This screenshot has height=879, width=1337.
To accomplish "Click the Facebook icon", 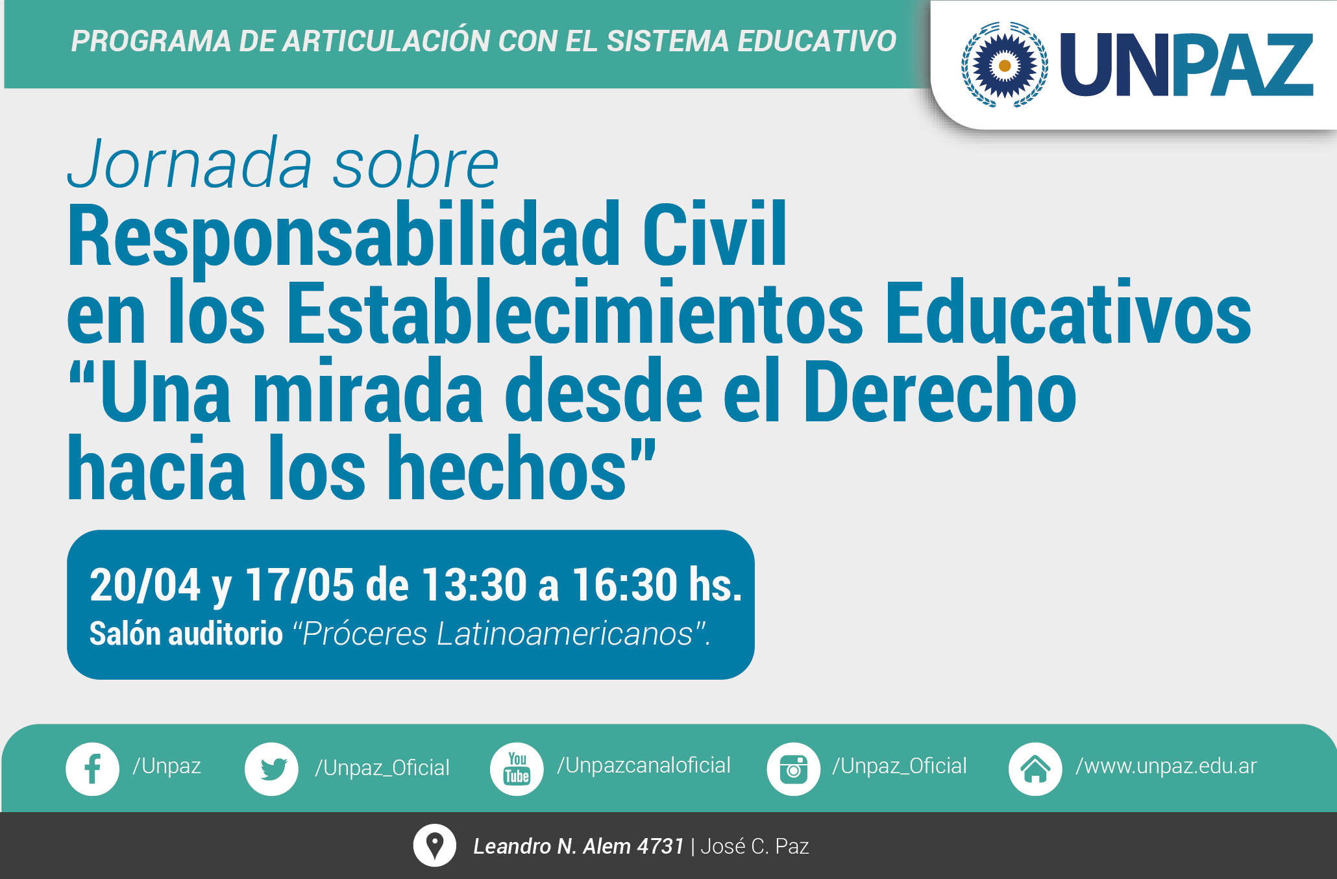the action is click(92, 769).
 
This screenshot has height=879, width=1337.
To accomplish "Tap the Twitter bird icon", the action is click(271, 769).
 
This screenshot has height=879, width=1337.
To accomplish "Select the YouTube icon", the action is click(517, 769).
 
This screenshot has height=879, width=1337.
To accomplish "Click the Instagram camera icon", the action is click(794, 769).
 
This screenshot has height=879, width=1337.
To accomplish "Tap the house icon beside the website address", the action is click(1035, 769).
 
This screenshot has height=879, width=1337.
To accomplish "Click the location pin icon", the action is click(434, 845).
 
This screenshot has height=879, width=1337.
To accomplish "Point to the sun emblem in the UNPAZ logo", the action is click(1004, 65).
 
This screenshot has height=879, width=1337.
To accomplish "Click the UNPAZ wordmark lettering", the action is click(1186, 65).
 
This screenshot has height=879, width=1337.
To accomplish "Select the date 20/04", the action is click(145, 585).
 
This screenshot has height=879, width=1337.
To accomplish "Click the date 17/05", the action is click(299, 585).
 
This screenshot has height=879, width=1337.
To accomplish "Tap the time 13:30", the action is click(474, 585).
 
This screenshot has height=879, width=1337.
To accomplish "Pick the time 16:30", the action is click(625, 585).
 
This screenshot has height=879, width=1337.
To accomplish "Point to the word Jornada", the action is click(190, 163).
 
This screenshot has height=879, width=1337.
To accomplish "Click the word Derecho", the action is click(940, 391).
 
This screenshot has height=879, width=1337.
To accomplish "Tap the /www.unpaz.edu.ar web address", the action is click(1166, 766).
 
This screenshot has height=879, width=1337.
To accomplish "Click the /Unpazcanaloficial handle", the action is click(644, 765).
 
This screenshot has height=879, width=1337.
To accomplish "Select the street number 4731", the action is click(660, 846).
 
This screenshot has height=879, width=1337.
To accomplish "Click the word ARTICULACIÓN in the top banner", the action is click(387, 41).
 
